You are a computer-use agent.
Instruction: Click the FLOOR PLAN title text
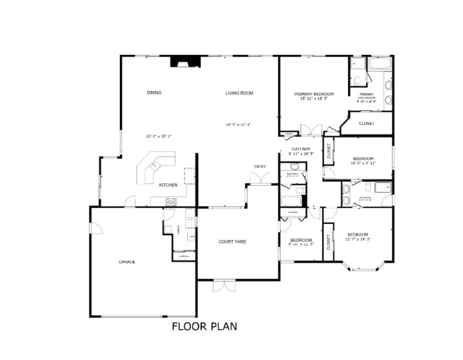(x=204, y=326)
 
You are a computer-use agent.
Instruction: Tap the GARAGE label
(x=127, y=262)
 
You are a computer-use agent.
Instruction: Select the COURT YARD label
(x=232, y=241)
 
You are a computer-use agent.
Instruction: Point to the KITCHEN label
(x=169, y=184)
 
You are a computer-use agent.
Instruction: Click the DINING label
(x=153, y=93)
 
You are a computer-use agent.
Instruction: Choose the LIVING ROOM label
(x=239, y=93)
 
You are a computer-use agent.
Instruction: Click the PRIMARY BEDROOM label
(x=314, y=94)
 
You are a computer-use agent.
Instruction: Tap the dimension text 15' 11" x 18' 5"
(x=314, y=99)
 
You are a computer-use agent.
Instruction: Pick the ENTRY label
(x=260, y=167)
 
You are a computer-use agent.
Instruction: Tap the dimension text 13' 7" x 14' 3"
(x=358, y=239)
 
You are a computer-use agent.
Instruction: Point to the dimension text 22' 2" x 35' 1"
(x=157, y=135)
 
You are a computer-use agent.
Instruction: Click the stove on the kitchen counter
(x=171, y=201)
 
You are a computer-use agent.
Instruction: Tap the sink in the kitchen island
(x=156, y=168)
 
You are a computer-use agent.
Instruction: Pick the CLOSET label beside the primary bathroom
(x=367, y=124)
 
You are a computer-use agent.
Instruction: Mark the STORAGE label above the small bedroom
(x=293, y=212)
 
